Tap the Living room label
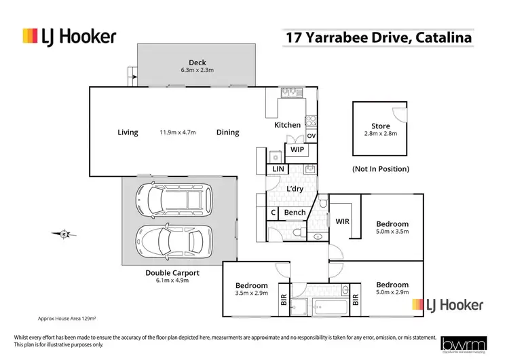pyautogui.click(x=128, y=132)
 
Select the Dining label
pyautogui.click(x=228, y=132)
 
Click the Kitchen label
pyautogui.click(x=287, y=125)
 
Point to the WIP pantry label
pyautogui.click(x=297, y=149)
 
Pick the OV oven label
pyautogui.click(x=312, y=137)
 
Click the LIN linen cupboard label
pyautogui.click(x=278, y=168)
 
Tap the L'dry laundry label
pyautogui.click(x=295, y=188)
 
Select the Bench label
pyautogui.click(x=295, y=213)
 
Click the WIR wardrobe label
pyautogui.click(x=343, y=221)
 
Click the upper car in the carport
pyautogui.click(x=174, y=198)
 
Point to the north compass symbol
pyautogui.click(x=64, y=234)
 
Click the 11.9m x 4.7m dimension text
pyautogui.click(x=178, y=132)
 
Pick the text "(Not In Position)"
pyautogui.click(x=381, y=168)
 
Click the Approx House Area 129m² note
pyautogui.click(x=66, y=318)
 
